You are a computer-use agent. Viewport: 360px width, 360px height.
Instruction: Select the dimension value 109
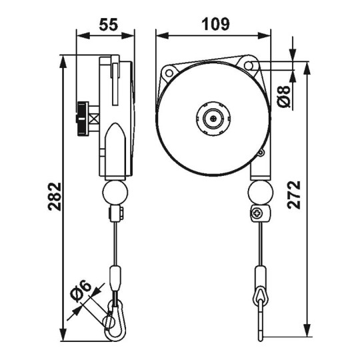click(215, 24)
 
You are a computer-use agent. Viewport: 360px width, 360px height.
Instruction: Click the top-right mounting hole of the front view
click(250, 65)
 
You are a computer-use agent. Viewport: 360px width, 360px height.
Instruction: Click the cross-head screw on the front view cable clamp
click(257, 215)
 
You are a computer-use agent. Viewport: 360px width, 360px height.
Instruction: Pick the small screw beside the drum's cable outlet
click(261, 155)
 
